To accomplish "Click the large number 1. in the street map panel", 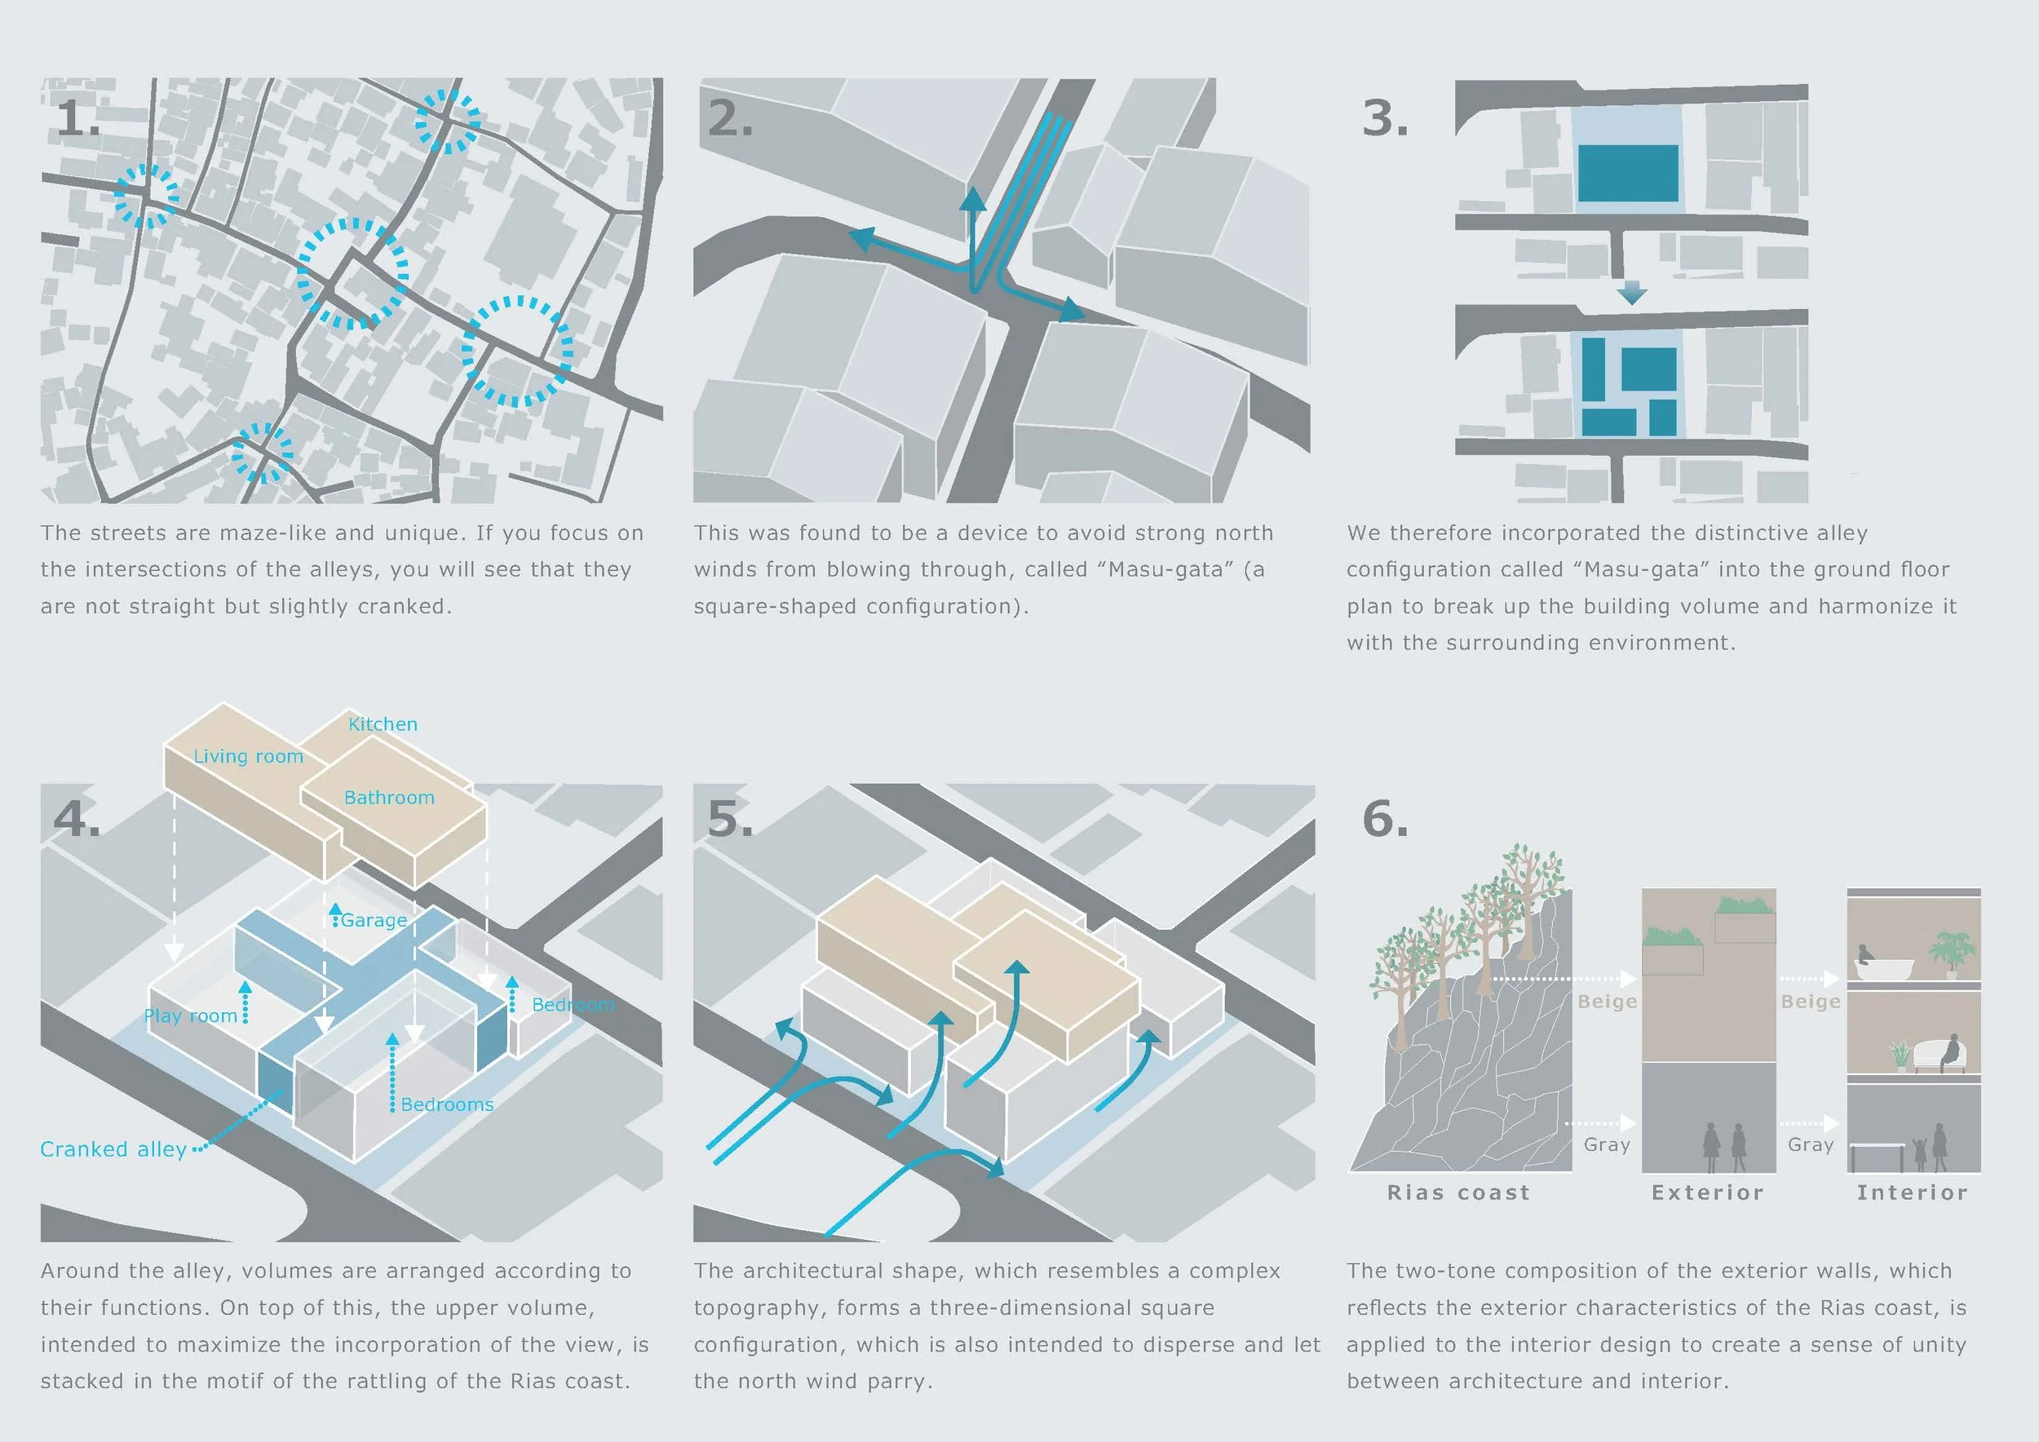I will [x=78, y=118].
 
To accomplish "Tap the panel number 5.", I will [x=730, y=818].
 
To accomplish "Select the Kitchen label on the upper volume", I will [x=383, y=723].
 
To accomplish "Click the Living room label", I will [x=248, y=757].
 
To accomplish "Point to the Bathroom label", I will [x=389, y=798].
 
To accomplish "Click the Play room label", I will [x=190, y=1015].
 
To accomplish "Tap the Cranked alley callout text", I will [x=113, y=1149].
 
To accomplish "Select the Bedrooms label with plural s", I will [x=447, y=1104].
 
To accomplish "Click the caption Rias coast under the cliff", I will [x=1459, y=1192].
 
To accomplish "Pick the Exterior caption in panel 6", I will [x=1708, y=1192].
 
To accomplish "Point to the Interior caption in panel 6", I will [x=1912, y=1192].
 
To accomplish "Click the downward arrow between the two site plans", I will [x=1631, y=292].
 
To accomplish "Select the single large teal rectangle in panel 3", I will [x=1628, y=173].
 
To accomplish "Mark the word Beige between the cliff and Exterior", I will [x=1607, y=1002].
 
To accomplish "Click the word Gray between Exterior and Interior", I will [x=1811, y=1144].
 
